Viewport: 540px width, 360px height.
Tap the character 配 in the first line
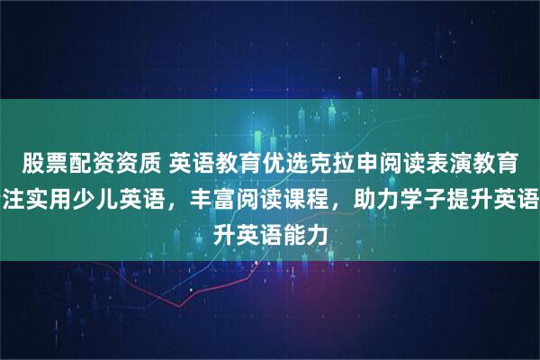coord(79,163)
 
